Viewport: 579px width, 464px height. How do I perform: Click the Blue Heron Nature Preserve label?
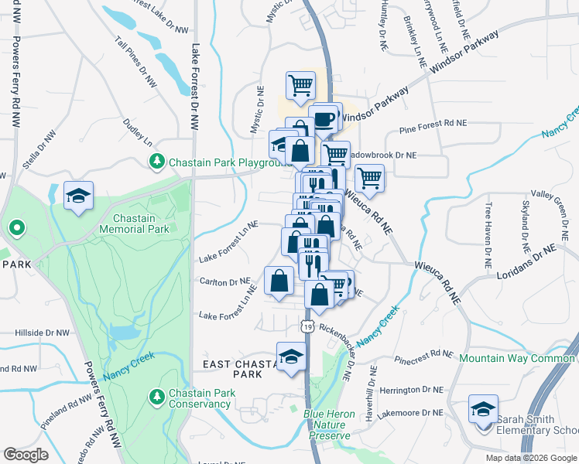(329, 425)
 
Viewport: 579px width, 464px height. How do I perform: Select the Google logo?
(26, 455)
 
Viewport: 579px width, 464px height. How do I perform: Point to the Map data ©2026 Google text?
(531, 458)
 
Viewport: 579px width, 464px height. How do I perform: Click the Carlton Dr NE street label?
(224, 281)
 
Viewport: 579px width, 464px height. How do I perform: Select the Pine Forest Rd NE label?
(433, 123)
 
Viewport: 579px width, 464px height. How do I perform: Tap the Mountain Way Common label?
(518, 358)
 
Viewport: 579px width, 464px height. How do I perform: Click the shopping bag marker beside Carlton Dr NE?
(279, 281)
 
